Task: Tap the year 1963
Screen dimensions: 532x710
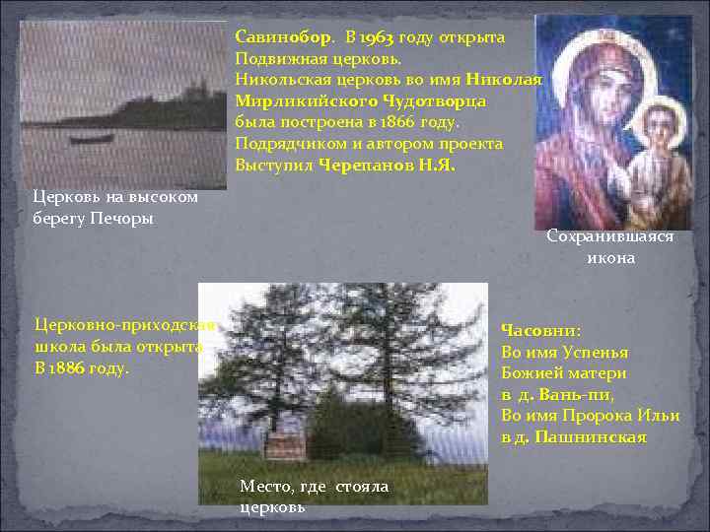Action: pyautogui.click(x=377, y=37)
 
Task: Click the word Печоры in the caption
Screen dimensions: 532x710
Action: pyautogui.click(x=124, y=217)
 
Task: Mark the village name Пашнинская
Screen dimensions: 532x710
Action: pyautogui.click(x=590, y=436)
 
